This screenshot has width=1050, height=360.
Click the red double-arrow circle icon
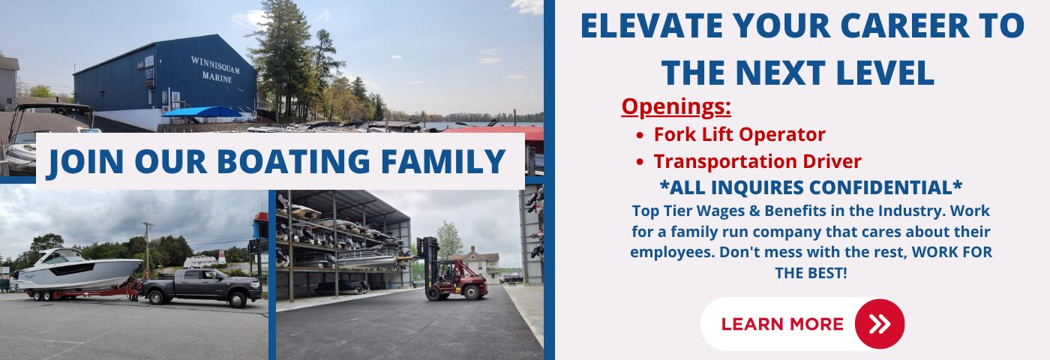pyautogui.click(x=879, y=324)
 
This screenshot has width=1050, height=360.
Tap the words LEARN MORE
pyautogui.click(x=782, y=324)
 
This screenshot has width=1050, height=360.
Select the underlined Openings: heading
pyautogui.click(x=676, y=106)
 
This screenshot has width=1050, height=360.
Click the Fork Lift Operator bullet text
pyautogui.click(x=739, y=134)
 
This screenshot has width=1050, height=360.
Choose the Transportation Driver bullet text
pyautogui.click(x=757, y=162)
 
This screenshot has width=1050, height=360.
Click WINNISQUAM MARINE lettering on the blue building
pyautogui.click(x=215, y=69)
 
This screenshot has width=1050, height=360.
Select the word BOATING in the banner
pyautogui.click(x=293, y=162)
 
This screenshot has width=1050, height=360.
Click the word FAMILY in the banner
pyautogui.click(x=443, y=162)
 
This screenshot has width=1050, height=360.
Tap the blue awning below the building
pyautogui.click(x=202, y=112)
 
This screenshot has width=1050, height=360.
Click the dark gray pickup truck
pyautogui.click(x=201, y=286)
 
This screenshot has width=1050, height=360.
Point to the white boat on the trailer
pyautogui.click(x=77, y=269)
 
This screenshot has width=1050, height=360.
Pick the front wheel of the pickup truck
pyautogui.click(x=238, y=299)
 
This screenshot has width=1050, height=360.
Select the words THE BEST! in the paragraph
pyautogui.click(x=811, y=273)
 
